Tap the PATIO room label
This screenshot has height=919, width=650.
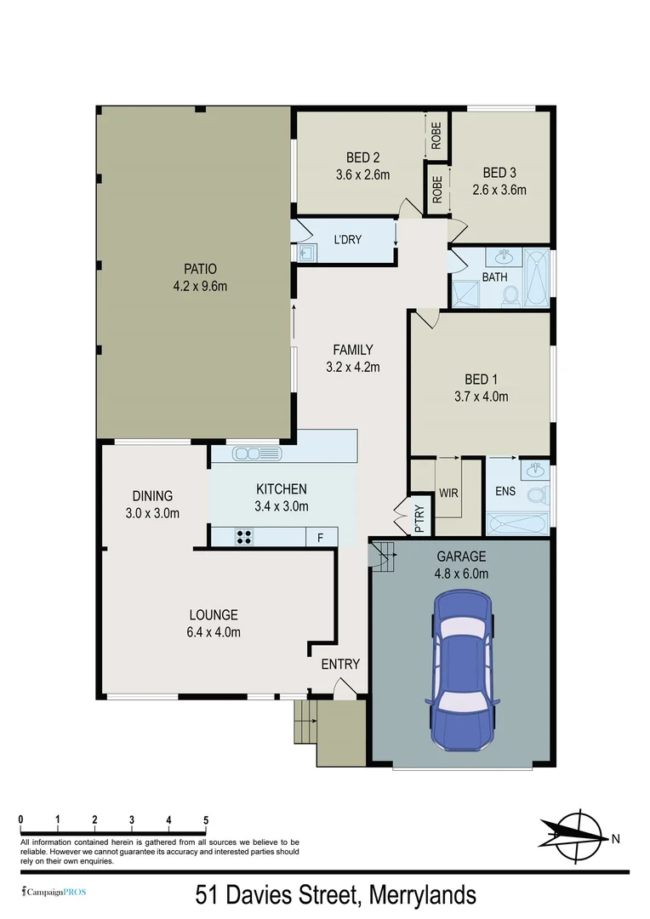click(x=200, y=270)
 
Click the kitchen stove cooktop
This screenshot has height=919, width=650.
click(x=243, y=537)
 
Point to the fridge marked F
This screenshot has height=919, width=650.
click(x=321, y=537)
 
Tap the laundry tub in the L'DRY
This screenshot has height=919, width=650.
click(x=305, y=253)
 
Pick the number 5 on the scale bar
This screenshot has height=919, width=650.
click(x=206, y=819)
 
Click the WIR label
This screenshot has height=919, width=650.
click(x=448, y=493)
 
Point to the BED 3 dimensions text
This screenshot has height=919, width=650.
click(x=499, y=190)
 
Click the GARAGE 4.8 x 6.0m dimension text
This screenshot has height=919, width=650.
click(x=462, y=573)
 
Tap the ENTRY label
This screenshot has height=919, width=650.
click(x=339, y=664)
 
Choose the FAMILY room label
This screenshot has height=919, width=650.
click(x=352, y=350)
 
